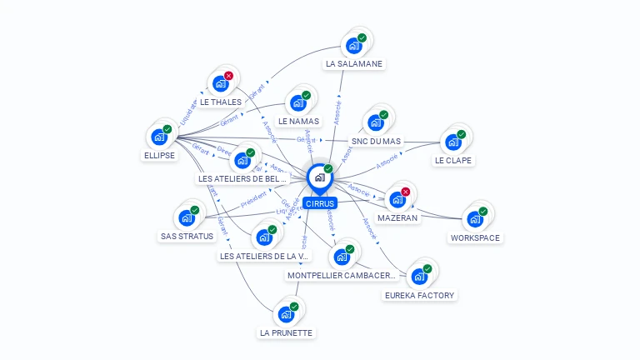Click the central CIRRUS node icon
pyautogui.click(x=319, y=177)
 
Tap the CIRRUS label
pyautogui.click(x=320, y=203)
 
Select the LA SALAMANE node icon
pyautogui.click(x=353, y=44)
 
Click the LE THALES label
pyautogui.click(x=221, y=102)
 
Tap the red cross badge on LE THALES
pyautogui.click(x=228, y=76)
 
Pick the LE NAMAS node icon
pyautogui.click(x=297, y=103)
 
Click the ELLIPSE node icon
pyautogui.click(x=159, y=137)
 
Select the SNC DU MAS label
pyautogui.click(x=376, y=142)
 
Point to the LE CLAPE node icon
pyautogui.click(x=453, y=142)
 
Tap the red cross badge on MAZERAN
pyautogui.click(x=406, y=192)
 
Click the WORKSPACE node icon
pyautogui.click(x=474, y=219)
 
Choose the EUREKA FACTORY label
pyautogui.click(x=420, y=295)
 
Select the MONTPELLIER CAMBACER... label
pyautogui.click(x=341, y=275)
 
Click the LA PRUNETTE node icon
pyautogui.click(x=286, y=314)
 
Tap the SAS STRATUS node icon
pyautogui.click(x=187, y=217)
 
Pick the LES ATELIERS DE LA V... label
pyautogui.click(x=264, y=256)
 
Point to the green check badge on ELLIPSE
pyautogui.click(x=167, y=129)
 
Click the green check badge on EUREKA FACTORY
pyautogui.click(x=427, y=268)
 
